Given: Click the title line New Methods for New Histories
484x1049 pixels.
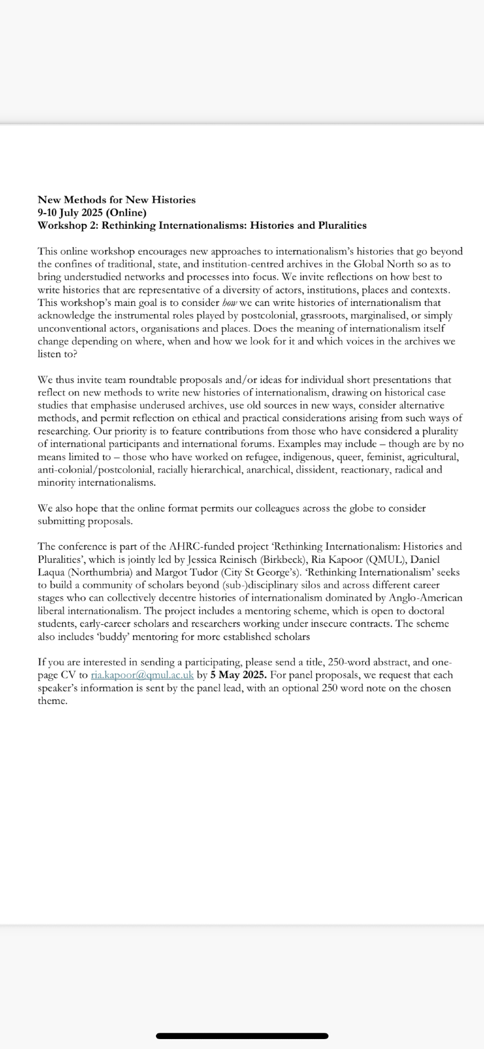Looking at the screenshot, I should (117, 200).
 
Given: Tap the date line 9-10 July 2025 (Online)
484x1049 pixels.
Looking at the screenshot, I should (92, 212).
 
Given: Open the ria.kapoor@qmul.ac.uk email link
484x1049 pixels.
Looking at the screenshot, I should (142, 675).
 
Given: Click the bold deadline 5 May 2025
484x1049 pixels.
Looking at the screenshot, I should (238, 675).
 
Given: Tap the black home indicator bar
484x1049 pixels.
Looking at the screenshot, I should (242, 1036).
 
